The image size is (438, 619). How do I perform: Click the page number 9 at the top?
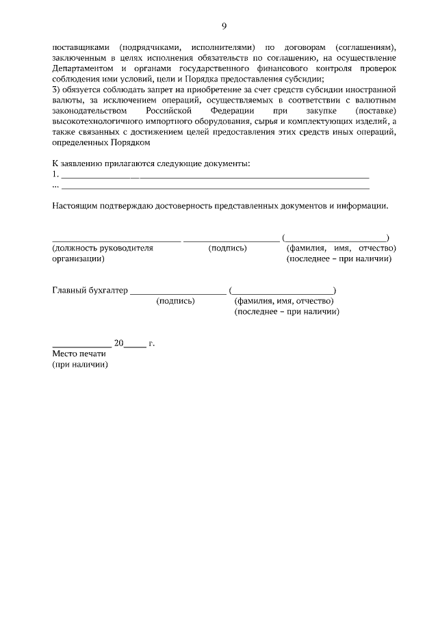(224, 26)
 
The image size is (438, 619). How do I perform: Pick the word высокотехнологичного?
(96, 120)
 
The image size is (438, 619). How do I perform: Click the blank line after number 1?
(216, 175)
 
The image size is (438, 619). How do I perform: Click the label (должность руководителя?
(103, 248)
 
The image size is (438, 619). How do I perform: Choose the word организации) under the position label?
(78, 259)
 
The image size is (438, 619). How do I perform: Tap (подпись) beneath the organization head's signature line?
(227, 248)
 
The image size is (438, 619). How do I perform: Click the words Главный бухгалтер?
(90, 290)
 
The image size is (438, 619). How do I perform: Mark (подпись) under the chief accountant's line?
(175, 301)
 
